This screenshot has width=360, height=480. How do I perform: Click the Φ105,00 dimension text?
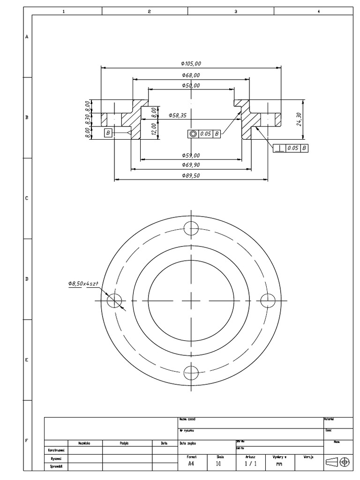[x=191, y=64]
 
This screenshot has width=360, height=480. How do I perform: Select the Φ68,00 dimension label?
[x=191, y=75]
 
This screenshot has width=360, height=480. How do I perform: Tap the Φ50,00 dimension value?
[x=191, y=86]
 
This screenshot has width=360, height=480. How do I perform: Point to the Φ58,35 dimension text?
[x=177, y=115]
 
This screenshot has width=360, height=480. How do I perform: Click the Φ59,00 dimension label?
[x=191, y=155]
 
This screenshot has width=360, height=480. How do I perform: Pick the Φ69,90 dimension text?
[x=191, y=165]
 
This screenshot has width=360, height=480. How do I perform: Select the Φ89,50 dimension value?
[x=191, y=175]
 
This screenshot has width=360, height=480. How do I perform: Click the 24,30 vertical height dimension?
[x=299, y=119]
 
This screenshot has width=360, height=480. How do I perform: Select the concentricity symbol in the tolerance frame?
[x=193, y=134]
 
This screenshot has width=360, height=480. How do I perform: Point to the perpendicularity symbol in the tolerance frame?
[x=280, y=148]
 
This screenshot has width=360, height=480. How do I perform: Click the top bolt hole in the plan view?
[x=192, y=228]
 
